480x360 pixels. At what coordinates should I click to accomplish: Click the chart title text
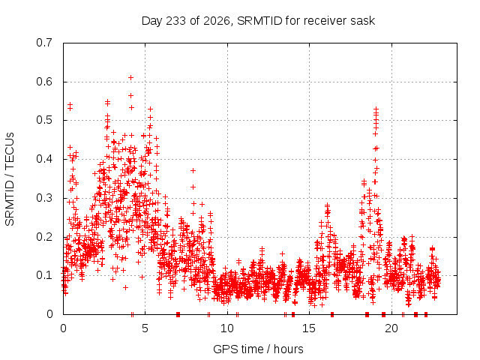click(258, 21)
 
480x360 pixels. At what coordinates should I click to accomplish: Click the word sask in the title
click(363, 21)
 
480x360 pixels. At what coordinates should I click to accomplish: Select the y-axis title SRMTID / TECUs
click(10, 179)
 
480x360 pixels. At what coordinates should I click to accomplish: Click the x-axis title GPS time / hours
click(258, 349)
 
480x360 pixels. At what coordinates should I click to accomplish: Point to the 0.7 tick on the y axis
click(44, 43)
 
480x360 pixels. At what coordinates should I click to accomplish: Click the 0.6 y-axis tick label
click(44, 82)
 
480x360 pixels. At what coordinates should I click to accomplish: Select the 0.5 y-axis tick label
click(44, 120)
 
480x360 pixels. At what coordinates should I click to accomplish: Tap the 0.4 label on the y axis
click(44, 159)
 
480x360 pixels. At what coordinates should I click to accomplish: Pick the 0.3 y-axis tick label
click(44, 198)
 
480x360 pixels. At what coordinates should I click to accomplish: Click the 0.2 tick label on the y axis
click(44, 237)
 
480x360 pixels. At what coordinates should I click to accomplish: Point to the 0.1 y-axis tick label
click(44, 275)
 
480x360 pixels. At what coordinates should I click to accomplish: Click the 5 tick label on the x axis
click(145, 328)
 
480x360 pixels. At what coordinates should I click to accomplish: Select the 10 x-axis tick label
click(227, 328)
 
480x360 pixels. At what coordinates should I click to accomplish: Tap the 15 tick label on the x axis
click(309, 328)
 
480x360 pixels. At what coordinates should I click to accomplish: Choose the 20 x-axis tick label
click(391, 328)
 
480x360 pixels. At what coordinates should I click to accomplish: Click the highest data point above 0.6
click(130, 78)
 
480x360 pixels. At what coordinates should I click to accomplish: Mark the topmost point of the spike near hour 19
click(376, 109)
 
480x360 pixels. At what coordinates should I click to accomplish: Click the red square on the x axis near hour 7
click(178, 314)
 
